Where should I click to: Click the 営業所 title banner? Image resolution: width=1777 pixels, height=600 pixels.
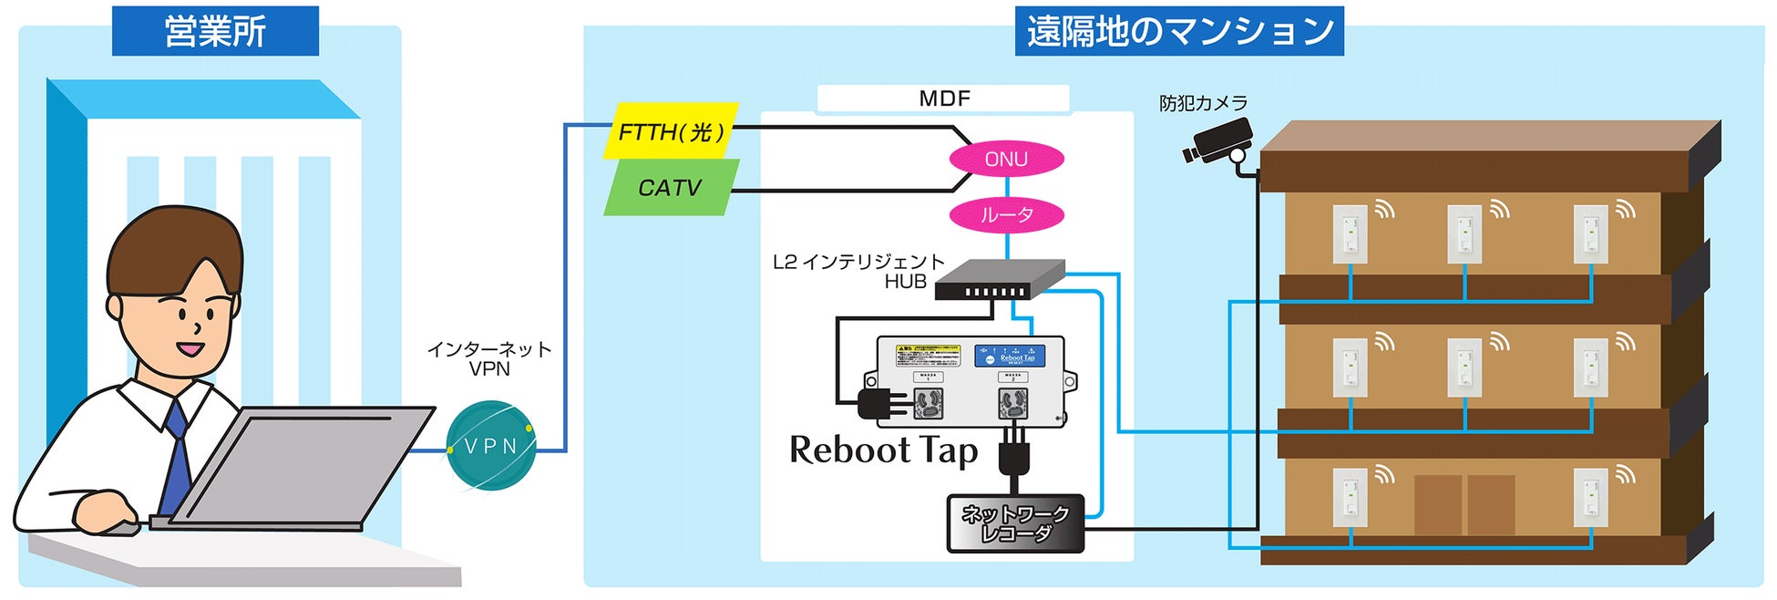(215, 31)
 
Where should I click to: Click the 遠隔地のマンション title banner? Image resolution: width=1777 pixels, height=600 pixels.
(1179, 31)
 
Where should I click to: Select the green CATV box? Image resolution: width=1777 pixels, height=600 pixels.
(671, 188)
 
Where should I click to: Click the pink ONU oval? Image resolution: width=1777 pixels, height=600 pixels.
(1006, 160)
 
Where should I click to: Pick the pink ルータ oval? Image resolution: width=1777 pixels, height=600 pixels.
(1006, 215)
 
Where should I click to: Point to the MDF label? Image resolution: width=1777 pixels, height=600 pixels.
(944, 98)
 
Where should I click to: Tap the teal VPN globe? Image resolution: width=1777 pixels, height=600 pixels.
(491, 446)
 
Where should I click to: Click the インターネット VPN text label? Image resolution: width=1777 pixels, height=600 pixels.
(489, 359)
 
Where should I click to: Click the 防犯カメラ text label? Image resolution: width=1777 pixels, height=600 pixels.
(1203, 103)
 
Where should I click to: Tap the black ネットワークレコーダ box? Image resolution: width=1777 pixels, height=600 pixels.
(1016, 524)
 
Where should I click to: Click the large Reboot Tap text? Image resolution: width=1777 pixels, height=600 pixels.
(883, 450)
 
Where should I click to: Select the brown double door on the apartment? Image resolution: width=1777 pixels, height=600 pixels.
(1464, 504)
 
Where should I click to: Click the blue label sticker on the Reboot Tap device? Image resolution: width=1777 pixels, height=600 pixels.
(1009, 355)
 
